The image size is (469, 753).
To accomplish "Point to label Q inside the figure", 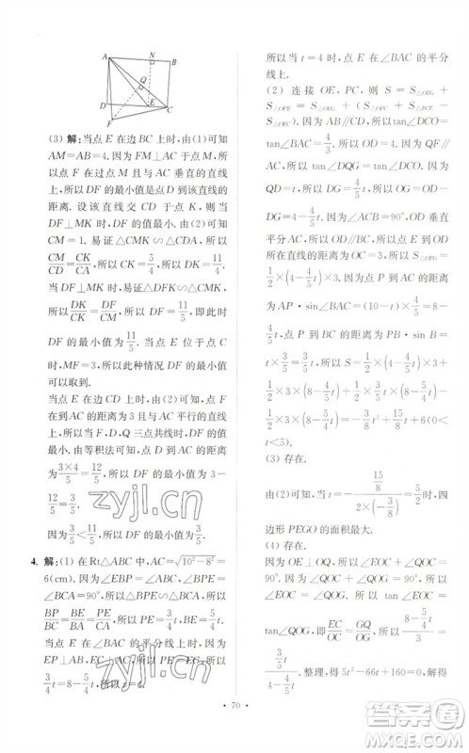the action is tap(141, 78).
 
